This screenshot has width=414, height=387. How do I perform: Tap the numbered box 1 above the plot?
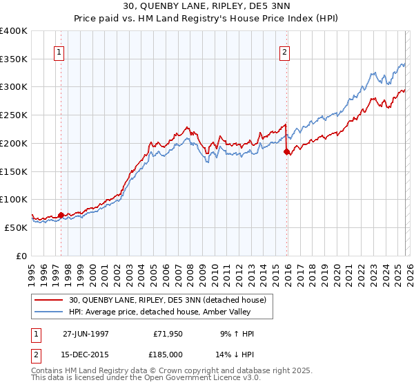coord(59,51)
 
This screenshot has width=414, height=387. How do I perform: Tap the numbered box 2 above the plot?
coord(284,51)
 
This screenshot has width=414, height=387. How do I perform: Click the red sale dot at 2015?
coord(287,151)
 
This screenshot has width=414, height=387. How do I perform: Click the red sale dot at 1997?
coord(61,215)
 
